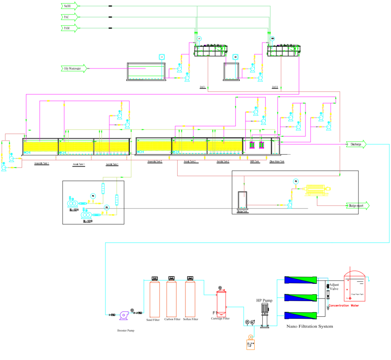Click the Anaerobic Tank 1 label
tap(41, 163)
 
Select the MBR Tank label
tap(255, 162)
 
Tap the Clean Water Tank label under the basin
tap(277, 162)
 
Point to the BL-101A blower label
tap(74, 210)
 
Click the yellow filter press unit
tap(317, 190)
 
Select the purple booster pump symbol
tap(124, 315)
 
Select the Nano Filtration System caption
tap(310, 326)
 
